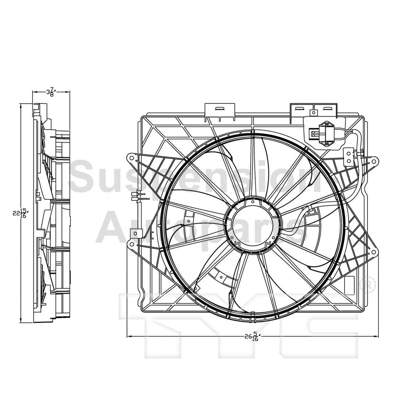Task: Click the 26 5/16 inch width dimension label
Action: click(x=252, y=337)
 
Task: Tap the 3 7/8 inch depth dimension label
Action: click(x=51, y=92)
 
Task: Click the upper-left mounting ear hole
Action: click(x=132, y=159)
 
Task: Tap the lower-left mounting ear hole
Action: click(x=132, y=245)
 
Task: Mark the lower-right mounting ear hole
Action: click(x=373, y=252)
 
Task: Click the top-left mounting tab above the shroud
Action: click(x=219, y=110)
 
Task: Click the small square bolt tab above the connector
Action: click(x=313, y=113)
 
